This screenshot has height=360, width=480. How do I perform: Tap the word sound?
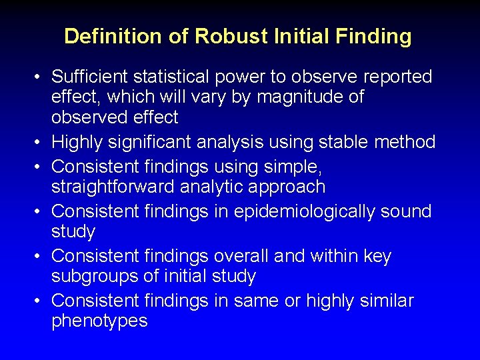tap(407, 211)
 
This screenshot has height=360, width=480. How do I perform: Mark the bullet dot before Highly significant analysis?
tap(41, 143)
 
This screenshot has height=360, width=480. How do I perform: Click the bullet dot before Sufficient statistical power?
tap(41, 78)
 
